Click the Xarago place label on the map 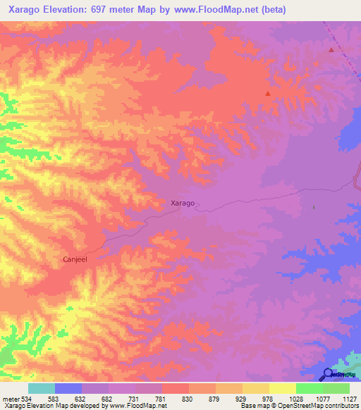point(183,203)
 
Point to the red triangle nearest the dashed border point(331,50)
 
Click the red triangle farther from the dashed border point(267,93)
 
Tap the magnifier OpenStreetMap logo point(328,374)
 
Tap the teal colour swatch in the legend point(41,388)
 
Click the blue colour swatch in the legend point(68,388)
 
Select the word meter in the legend point(10,398)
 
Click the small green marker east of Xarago point(314,207)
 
